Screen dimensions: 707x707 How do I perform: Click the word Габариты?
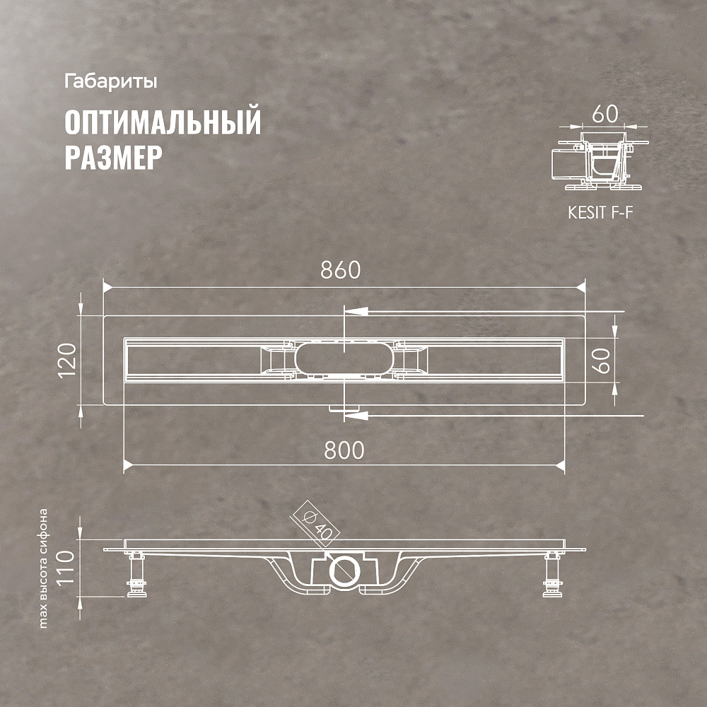pos(110,82)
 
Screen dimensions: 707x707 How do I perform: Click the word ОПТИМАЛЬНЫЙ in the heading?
pos(163,122)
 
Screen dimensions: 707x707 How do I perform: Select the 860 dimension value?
pos(341,270)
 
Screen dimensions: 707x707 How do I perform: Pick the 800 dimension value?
pos(344,450)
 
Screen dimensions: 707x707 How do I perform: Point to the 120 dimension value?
pos(67,361)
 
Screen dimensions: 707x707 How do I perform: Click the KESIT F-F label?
pos(600,212)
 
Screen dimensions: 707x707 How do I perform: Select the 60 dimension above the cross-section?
pos(605,114)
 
